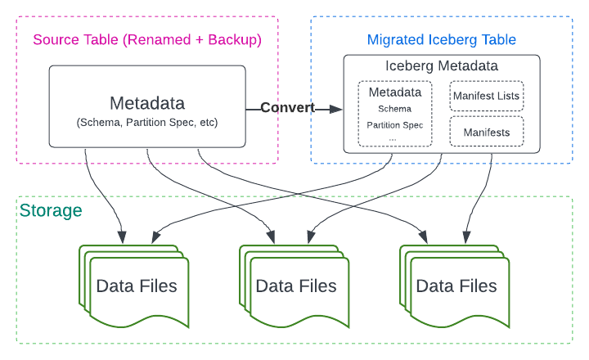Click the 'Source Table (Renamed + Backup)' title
[x=147, y=39]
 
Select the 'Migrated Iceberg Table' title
[x=442, y=39]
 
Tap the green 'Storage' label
[x=51, y=211]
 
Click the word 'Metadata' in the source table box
[x=147, y=104]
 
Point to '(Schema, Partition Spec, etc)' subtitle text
[x=147, y=123]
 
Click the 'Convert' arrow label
[x=286, y=108]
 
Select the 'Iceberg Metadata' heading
[x=441, y=65]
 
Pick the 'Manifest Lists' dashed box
[x=486, y=97]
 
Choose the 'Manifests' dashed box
[x=486, y=132]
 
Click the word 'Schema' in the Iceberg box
[x=394, y=108]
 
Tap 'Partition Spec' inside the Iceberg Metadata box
[x=394, y=124]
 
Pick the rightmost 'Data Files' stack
[x=456, y=286]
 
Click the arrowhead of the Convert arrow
[x=337, y=108]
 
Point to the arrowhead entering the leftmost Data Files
[x=123, y=239]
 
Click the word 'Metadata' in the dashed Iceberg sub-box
[x=394, y=92]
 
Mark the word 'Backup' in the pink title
[x=236, y=39]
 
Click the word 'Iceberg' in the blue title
[x=446, y=39]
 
